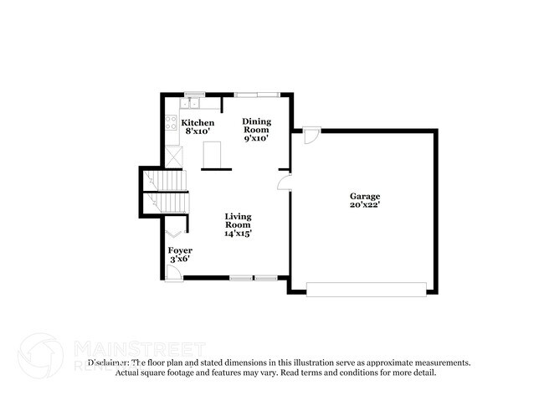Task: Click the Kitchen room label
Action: coord(198,123)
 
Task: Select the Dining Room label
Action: coord(256,125)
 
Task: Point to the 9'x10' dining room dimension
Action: coord(256,138)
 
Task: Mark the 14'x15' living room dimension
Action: coord(238,234)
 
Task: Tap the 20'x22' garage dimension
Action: coord(365,205)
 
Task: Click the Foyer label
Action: coord(180,250)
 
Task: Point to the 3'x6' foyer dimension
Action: coord(180,260)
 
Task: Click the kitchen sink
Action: coord(192,103)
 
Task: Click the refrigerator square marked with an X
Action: coord(173,157)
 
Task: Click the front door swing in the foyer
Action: coord(172,270)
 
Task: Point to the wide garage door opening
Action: coord(367,290)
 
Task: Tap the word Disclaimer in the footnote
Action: coord(108,363)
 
